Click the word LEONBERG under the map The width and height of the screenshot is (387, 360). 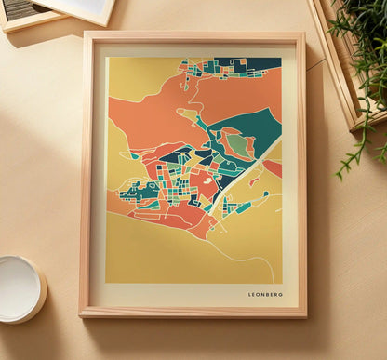pyautogui.click(x=265, y=295)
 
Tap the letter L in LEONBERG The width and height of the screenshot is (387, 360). pyautogui.click(x=250, y=295)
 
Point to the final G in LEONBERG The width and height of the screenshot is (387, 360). pyautogui.click(x=281, y=295)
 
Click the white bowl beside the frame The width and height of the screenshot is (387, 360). pyautogui.click(x=18, y=287)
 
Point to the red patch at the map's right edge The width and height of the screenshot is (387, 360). pyautogui.click(x=274, y=168)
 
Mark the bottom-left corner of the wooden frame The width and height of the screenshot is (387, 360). pyautogui.click(x=82, y=313)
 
